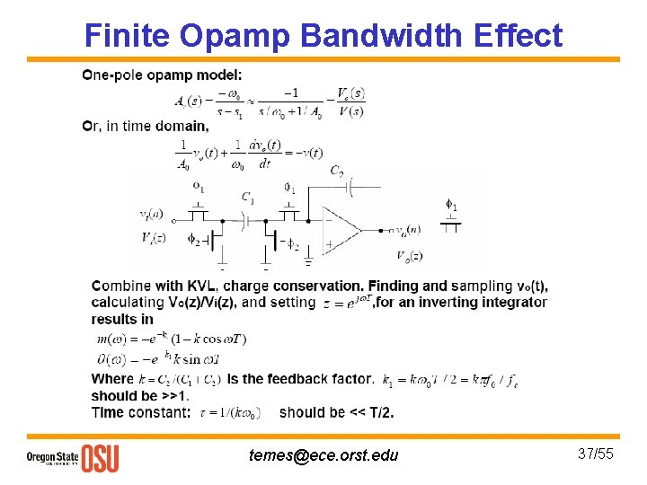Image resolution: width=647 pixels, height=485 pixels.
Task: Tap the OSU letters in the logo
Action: pyautogui.click(x=100, y=458)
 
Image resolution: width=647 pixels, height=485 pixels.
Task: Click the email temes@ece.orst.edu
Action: pyautogui.click(x=323, y=456)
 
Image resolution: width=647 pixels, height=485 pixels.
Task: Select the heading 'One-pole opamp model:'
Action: pyautogui.click(x=161, y=75)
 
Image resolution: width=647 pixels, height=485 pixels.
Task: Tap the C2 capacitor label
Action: pyautogui.click(x=336, y=172)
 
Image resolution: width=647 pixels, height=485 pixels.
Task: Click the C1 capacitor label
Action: pyautogui.click(x=248, y=198)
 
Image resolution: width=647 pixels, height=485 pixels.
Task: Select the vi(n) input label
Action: pyautogui.click(x=151, y=214)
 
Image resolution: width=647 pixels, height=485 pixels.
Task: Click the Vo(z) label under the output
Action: pyautogui.click(x=410, y=257)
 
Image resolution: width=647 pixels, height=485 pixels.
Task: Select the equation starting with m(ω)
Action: pyautogui.click(x=171, y=339)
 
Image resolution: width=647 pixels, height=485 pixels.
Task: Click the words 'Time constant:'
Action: pyautogui.click(x=140, y=412)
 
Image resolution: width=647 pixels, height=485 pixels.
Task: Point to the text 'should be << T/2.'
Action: pyautogui.click(x=336, y=412)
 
